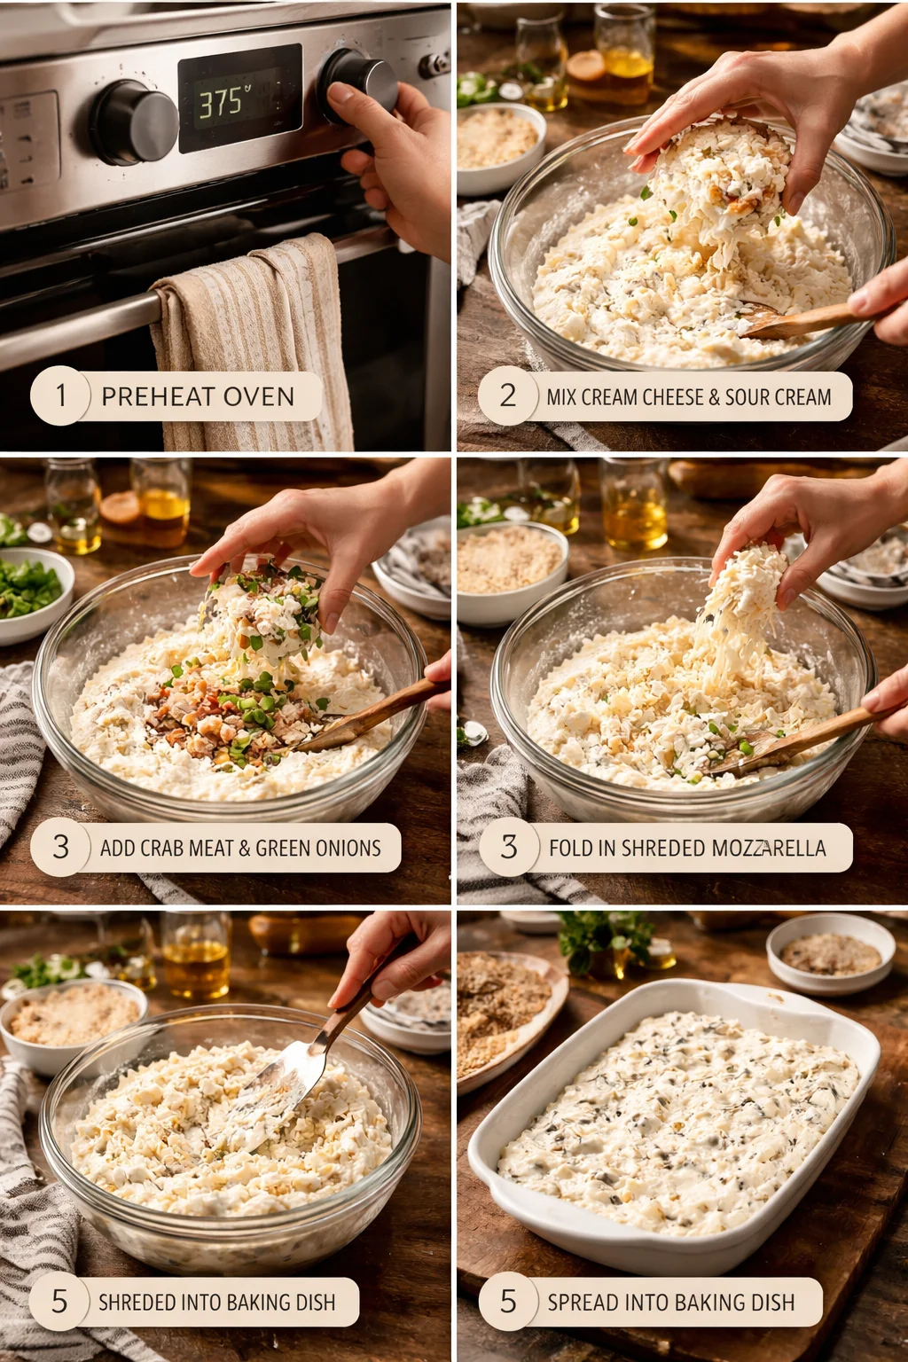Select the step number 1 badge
[60, 395]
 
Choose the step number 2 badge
[508, 395]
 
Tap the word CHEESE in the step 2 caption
[672, 397]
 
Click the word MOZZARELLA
[769, 849]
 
